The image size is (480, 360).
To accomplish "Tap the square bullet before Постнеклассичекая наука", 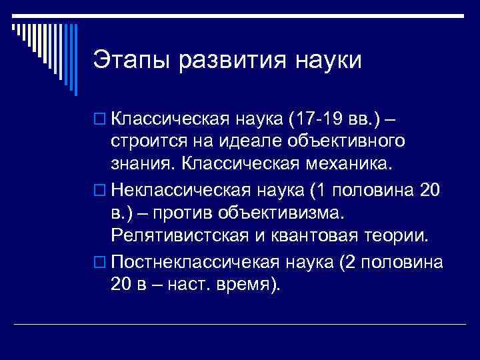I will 100,263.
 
